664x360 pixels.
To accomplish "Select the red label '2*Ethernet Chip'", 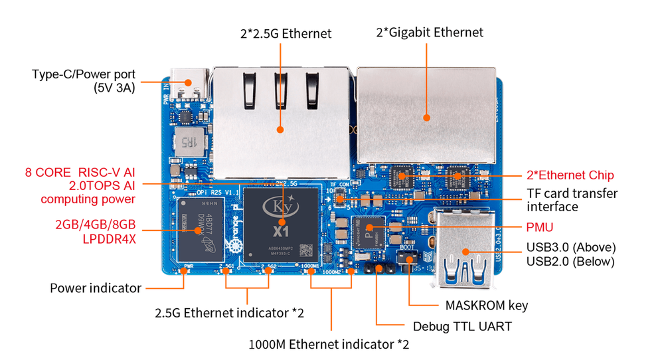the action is pyautogui.click(x=570, y=176).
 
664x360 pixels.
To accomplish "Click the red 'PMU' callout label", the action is pyautogui.click(x=542, y=227).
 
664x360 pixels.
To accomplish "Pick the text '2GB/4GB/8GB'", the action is pyautogui.click(x=96, y=225).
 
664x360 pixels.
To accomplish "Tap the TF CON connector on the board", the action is pyautogui.click(x=339, y=197).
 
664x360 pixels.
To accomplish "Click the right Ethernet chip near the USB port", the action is pyautogui.click(x=456, y=178).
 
